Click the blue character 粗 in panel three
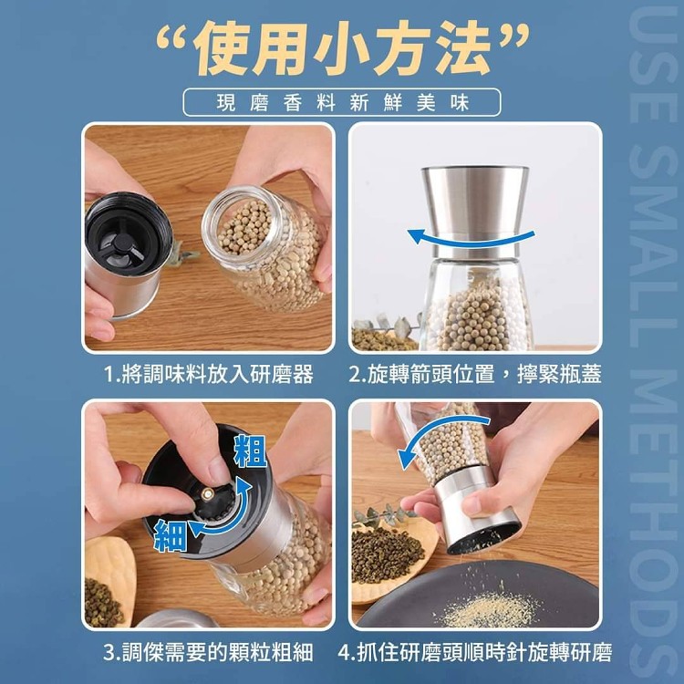pos(251,451)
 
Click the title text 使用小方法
pos(343,49)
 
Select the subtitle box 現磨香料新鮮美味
pos(342,102)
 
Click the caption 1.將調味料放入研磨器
pos(209,375)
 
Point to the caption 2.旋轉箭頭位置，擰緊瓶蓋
pos(474,375)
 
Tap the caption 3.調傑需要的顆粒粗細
pos(208,652)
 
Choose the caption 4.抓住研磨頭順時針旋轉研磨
pos(474,652)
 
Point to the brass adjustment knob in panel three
pos(207,493)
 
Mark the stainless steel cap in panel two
pos(475,212)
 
